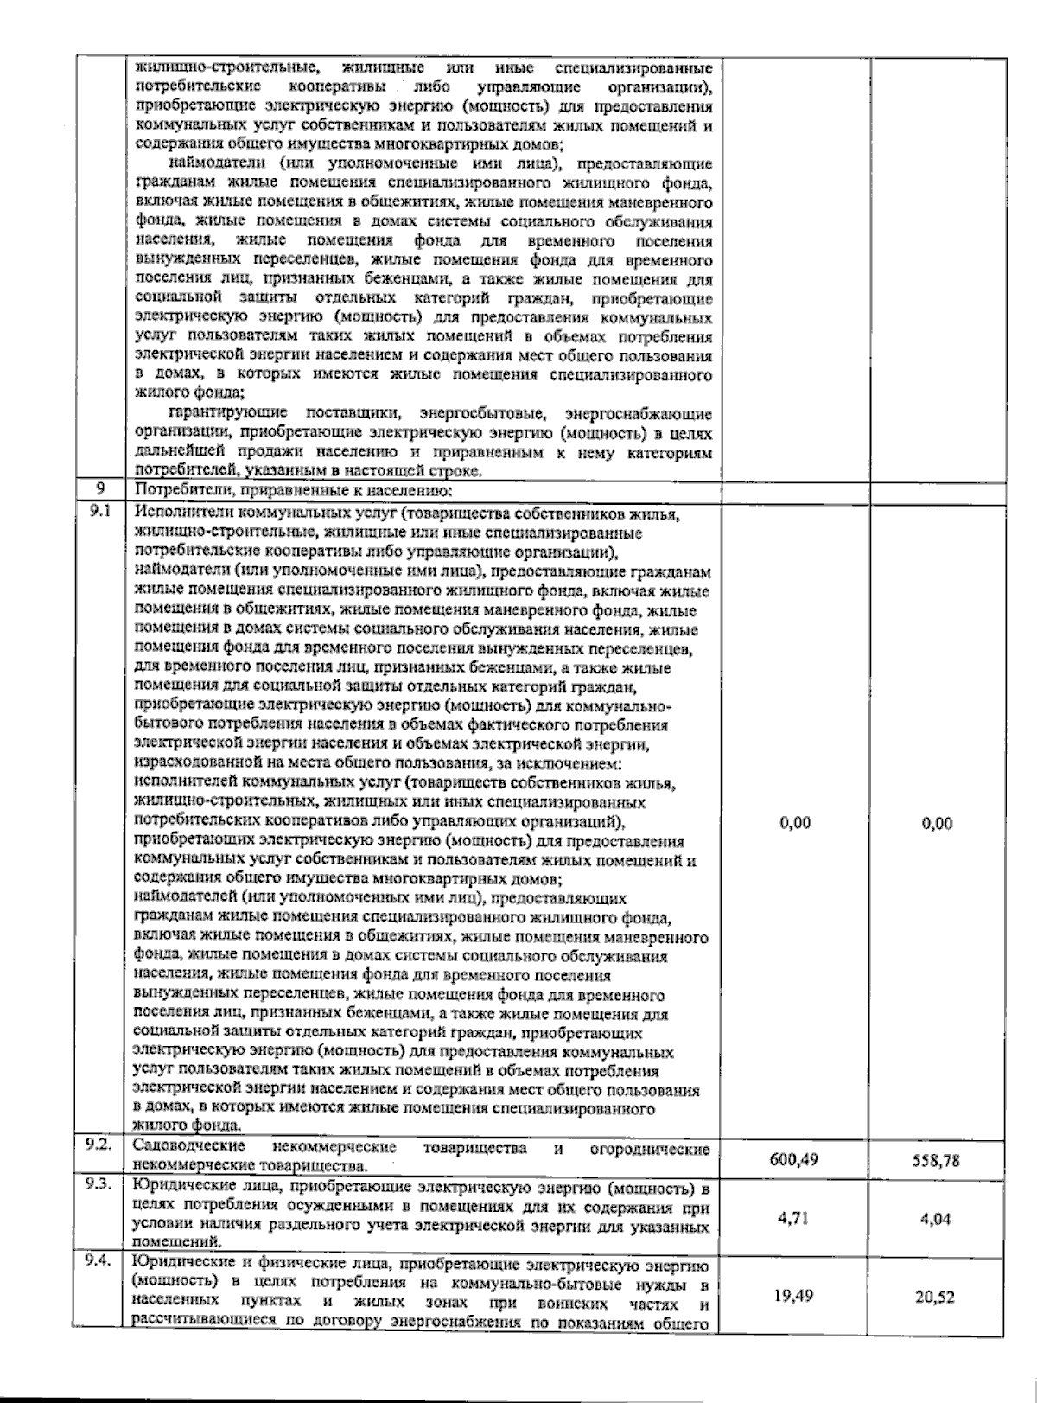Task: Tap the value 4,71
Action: (793, 1218)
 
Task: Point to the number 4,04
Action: (937, 1219)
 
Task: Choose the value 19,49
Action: (793, 1297)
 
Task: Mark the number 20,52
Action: (937, 1298)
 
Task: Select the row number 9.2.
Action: (101, 1146)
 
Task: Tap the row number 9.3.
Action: (101, 1185)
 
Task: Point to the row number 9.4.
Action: (101, 1263)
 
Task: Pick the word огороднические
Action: (650, 1149)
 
